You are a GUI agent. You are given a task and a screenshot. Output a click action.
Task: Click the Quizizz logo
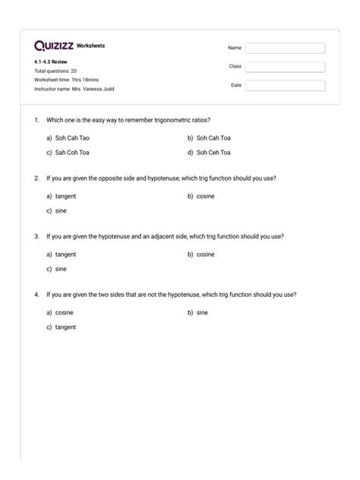54,46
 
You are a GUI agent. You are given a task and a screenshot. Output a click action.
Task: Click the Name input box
285,48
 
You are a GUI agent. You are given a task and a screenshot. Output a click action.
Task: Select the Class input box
285,67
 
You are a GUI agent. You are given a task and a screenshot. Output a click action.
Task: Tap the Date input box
285,86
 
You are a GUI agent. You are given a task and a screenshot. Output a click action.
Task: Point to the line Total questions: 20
55,71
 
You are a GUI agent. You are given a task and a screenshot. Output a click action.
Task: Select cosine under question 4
64,312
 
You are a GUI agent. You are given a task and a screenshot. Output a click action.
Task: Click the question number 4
36,294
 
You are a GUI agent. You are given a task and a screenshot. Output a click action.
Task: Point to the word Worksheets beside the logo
91,46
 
